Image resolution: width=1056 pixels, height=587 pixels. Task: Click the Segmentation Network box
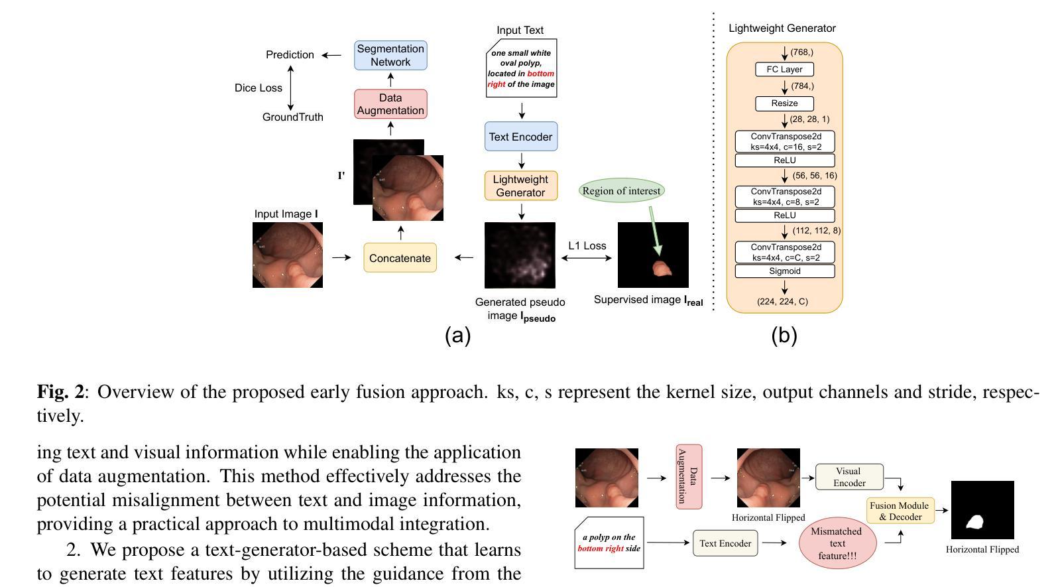[391, 55]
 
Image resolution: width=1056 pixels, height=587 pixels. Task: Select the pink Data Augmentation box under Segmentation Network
[391, 104]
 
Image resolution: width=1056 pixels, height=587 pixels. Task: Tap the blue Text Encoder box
[521, 137]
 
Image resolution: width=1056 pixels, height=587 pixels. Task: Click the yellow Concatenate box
[400, 257]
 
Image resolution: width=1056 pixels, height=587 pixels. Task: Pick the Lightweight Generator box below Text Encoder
[521, 186]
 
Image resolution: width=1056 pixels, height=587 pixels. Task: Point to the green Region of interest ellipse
[621, 190]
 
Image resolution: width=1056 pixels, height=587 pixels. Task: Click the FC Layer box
[784, 70]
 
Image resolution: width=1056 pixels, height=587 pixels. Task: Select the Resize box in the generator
[784, 103]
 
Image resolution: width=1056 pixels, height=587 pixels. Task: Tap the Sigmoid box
[785, 271]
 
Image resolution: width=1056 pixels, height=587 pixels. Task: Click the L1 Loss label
[587, 245]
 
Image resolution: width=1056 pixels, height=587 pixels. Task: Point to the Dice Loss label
[259, 88]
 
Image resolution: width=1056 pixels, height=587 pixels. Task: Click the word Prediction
[290, 55]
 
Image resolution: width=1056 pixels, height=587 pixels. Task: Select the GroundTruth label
[293, 117]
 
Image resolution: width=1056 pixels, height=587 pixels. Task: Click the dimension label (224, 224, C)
[783, 302]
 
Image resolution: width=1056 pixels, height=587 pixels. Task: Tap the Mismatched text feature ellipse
[837, 543]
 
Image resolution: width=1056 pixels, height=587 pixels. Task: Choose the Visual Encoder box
[849, 477]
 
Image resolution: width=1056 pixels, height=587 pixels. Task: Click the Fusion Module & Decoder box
[900, 511]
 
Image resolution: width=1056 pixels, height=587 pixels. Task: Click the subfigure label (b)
[784, 336]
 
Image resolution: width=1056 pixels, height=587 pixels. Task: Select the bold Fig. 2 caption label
[61, 391]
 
